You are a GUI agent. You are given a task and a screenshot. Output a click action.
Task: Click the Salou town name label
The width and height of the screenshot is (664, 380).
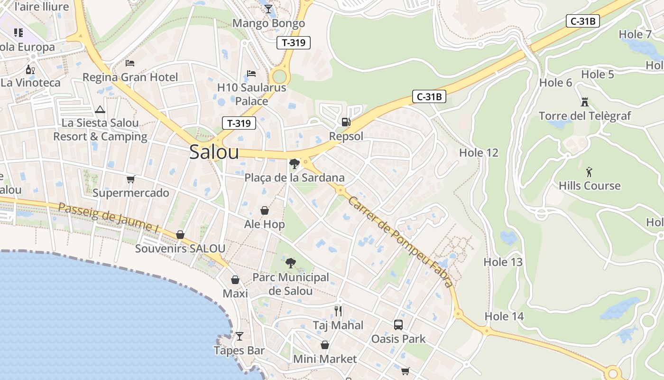coord(214,152)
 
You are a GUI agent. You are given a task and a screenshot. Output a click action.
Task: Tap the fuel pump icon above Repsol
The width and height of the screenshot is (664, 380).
coord(346,122)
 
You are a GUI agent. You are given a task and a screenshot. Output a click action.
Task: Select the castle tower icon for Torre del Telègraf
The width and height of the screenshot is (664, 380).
coord(584,102)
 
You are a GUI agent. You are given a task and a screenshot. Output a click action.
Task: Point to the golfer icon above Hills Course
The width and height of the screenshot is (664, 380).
coord(589,171)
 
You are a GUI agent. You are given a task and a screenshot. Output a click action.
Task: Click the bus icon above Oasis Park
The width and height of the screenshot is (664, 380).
coord(398,325)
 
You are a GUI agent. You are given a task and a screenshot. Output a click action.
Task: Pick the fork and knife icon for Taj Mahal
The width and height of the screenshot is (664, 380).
coord(338,311)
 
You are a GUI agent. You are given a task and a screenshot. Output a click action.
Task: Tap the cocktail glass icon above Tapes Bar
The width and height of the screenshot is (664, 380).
coord(239,336)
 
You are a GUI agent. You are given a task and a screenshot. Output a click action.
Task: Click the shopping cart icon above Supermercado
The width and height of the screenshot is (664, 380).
coord(130,179)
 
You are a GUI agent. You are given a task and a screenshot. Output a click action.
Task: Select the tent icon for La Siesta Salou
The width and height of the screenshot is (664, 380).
coord(100,109)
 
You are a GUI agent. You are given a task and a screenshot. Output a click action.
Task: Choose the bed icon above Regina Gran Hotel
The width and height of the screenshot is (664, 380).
coord(130,63)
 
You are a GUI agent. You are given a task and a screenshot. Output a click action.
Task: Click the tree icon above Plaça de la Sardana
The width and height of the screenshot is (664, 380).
coord(294,164)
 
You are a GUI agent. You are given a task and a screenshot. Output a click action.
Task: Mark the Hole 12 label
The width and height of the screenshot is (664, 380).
coord(479,152)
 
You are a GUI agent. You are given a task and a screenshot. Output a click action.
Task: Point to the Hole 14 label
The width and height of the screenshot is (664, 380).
coord(504,316)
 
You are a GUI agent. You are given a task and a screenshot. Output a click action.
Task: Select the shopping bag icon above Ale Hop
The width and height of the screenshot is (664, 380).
coord(265,210)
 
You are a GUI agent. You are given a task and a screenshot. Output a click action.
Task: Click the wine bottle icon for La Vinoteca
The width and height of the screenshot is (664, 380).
coord(30,69)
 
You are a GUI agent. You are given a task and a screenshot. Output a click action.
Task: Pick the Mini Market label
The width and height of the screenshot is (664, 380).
coord(324,359)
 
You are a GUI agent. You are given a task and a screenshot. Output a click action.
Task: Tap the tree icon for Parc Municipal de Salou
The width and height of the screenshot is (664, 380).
coord(290,263)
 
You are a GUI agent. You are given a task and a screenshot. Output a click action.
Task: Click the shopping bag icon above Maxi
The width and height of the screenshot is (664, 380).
coord(235,280)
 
